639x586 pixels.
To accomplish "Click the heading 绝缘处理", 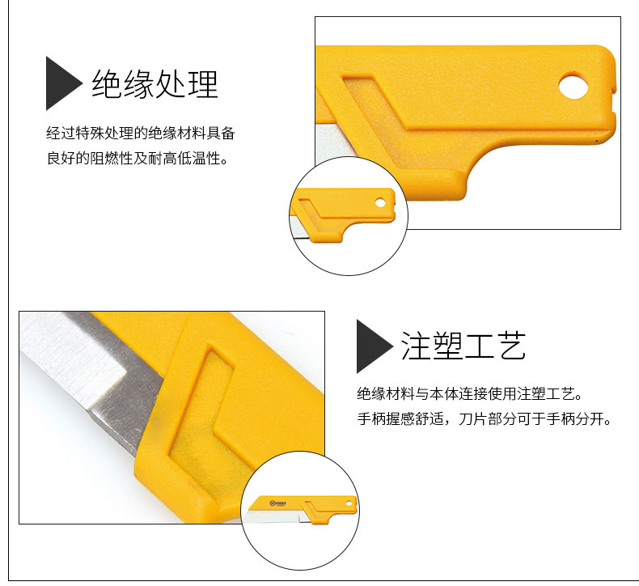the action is tap(154, 83).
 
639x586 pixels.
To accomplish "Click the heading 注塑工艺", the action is tap(463, 346).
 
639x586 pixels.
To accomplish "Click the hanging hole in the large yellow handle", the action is tap(573, 85).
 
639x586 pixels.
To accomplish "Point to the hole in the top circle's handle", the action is tap(380, 202).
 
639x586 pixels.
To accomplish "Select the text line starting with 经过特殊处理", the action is tap(141, 134).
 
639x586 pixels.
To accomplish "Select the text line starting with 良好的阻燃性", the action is tap(137, 158).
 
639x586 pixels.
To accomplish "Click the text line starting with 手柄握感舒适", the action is tap(485, 418).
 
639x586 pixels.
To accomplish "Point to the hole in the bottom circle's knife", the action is tap(349, 503).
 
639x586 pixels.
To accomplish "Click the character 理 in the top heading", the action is tap(203, 83).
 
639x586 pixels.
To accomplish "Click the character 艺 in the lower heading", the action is tap(511, 346).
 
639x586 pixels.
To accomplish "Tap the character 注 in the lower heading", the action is tap(415, 346).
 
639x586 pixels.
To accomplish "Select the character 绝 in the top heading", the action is tap(106, 83).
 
